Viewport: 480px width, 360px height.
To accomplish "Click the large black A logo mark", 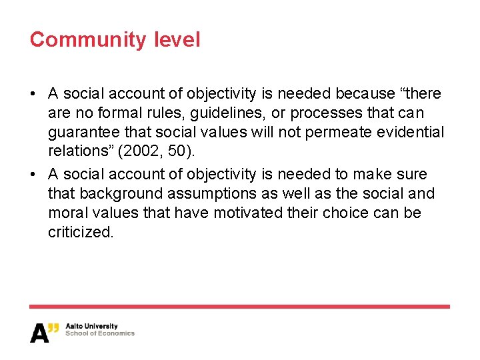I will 40,332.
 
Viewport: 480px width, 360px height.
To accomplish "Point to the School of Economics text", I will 100,334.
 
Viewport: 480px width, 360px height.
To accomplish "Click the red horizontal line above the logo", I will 240,307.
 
